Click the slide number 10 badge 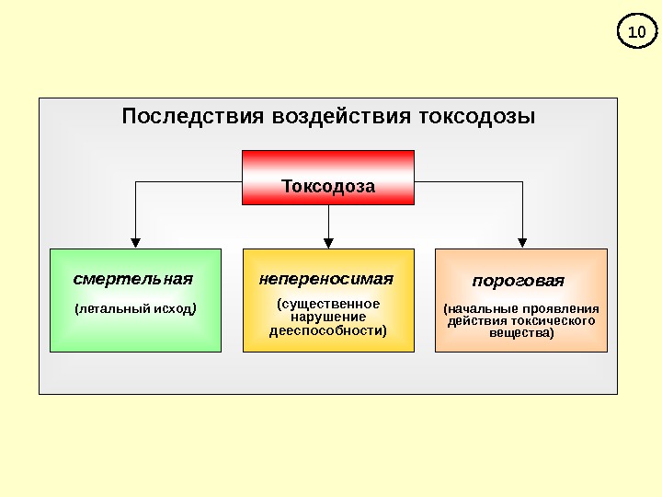pos(635,33)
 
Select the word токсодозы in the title pos(477,118)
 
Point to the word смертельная pos(133,279)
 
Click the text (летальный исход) pos(135,309)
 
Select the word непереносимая pos(325,278)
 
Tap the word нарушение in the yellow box pos(328,317)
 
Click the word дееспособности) pos(328,330)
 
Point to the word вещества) pos(521,333)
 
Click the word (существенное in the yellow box pos(328,303)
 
